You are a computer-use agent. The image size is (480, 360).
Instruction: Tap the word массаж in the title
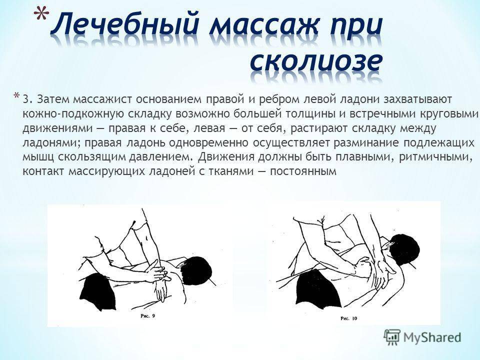(x=259, y=25)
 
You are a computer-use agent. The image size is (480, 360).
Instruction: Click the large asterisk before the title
(x=41, y=14)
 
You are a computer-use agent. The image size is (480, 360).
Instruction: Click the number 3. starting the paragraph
(x=27, y=100)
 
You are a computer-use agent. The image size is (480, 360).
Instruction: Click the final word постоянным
(x=303, y=171)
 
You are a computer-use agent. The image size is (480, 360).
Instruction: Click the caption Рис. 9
(x=148, y=315)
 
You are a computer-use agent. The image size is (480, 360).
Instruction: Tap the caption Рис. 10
(x=348, y=318)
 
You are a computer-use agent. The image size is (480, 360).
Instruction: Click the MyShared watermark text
(x=432, y=337)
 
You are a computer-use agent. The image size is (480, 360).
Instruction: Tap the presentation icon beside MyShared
(x=392, y=336)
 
